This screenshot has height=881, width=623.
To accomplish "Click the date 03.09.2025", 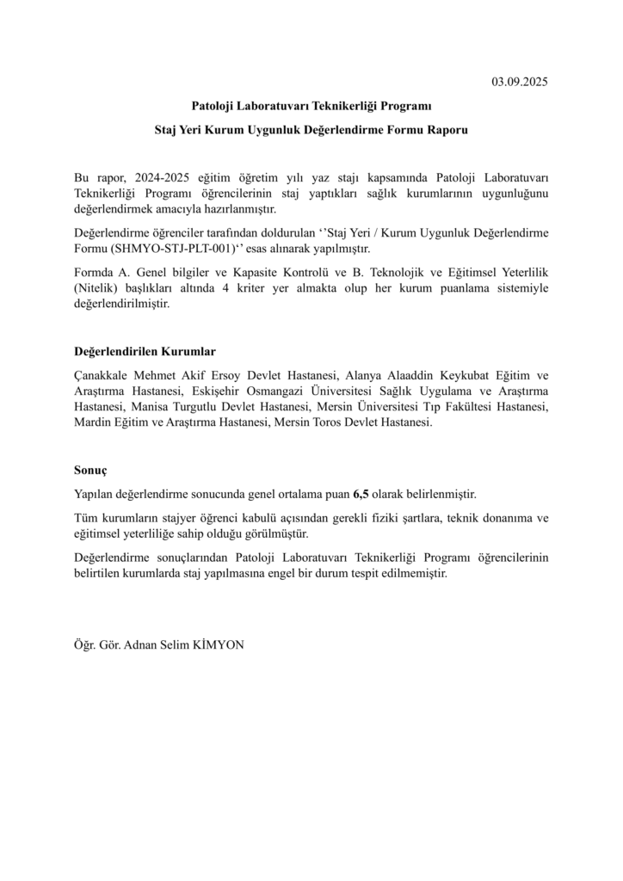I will (x=519, y=83).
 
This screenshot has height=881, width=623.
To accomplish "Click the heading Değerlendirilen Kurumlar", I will (x=145, y=352).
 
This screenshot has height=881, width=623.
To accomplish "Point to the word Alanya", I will (x=362, y=376).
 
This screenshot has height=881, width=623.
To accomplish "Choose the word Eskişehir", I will (x=228, y=391).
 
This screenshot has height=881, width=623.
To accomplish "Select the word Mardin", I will (x=92, y=422).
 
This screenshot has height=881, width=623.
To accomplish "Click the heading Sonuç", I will (x=91, y=471).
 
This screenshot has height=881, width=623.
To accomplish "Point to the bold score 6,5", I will (x=361, y=495).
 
